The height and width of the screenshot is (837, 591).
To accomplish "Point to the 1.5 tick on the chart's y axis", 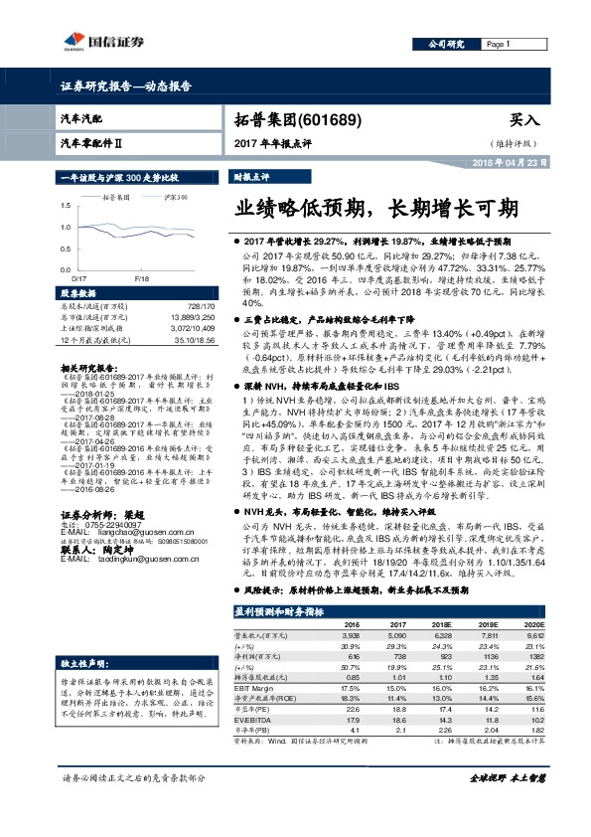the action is tap(65, 206).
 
